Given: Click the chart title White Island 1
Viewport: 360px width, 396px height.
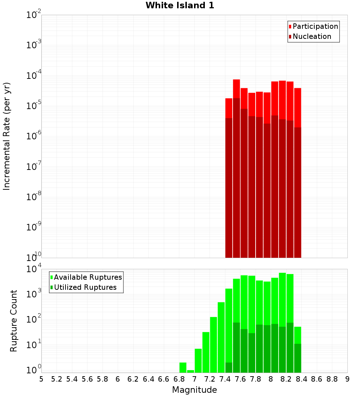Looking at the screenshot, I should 180,5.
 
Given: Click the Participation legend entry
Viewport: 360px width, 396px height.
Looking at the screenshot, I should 315,26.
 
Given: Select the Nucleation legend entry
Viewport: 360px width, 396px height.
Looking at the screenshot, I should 311,36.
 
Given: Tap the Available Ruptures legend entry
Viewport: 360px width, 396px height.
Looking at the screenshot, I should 87,277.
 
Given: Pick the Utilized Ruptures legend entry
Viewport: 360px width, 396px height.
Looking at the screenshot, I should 85,287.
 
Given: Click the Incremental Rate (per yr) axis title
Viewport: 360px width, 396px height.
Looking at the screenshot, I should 7,136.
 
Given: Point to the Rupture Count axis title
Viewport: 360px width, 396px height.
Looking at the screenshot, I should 14,321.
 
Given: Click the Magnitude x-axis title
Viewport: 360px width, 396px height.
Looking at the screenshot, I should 194,390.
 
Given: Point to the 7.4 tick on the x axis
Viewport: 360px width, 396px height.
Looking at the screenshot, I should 225,379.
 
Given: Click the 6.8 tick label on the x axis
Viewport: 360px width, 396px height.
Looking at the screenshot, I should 179,379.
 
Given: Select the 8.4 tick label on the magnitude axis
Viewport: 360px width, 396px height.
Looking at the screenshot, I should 301,379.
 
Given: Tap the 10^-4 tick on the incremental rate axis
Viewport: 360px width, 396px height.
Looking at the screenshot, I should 33,76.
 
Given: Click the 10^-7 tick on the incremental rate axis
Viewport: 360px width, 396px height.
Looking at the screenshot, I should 33,167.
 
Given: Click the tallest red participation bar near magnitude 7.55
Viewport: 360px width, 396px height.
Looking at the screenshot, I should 237,88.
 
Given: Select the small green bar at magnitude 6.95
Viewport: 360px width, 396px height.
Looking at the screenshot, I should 190,371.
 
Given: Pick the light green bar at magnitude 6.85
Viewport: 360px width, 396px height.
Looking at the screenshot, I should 183,368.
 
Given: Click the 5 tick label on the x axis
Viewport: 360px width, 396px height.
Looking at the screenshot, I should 41,379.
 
